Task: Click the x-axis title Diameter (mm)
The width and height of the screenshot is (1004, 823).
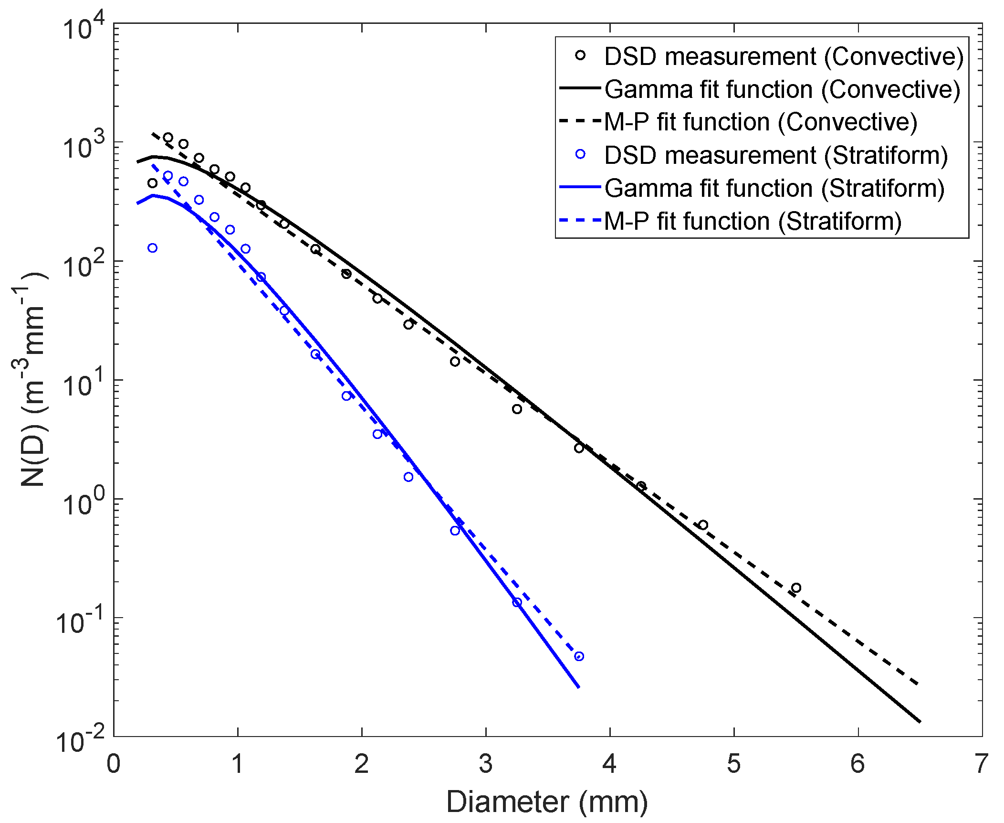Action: [x=547, y=802]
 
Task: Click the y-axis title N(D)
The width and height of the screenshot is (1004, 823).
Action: [x=33, y=380]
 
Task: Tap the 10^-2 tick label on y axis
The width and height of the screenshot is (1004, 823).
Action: [x=80, y=741]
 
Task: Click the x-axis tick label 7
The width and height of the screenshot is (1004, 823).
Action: [x=981, y=763]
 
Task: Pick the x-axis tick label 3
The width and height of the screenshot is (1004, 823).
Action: [x=486, y=763]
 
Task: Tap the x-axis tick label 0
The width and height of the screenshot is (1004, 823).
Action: [x=114, y=763]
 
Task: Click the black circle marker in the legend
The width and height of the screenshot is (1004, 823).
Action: [x=580, y=55]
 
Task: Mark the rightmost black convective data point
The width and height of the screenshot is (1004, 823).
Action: [x=796, y=588]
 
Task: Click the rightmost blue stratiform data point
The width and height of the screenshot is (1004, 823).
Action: [x=579, y=656]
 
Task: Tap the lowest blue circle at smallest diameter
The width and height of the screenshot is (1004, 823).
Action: [x=152, y=248]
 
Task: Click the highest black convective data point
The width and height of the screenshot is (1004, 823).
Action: [x=168, y=138]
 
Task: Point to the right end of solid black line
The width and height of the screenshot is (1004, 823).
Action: [x=920, y=721]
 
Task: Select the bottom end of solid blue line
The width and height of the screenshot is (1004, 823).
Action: [x=578, y=687]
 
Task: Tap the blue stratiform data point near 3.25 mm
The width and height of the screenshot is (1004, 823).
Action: [x=517, y=602]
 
